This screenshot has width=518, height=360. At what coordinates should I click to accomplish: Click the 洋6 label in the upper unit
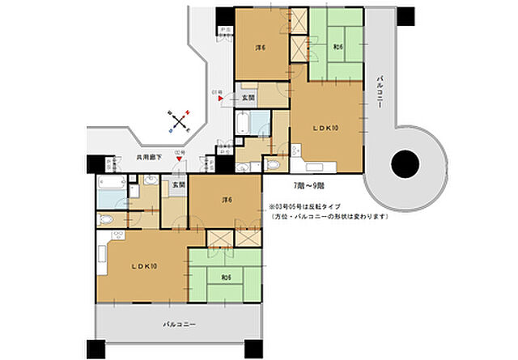(261, 48)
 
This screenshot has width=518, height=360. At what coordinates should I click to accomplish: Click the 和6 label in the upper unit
(337, 48)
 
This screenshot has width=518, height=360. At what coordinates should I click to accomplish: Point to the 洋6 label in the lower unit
(227, 200)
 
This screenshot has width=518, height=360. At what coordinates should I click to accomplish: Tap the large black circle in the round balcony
(405, 165)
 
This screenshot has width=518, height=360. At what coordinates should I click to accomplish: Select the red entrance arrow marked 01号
(220, 99)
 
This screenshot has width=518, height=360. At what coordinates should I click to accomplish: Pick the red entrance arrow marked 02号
(180, 159)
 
